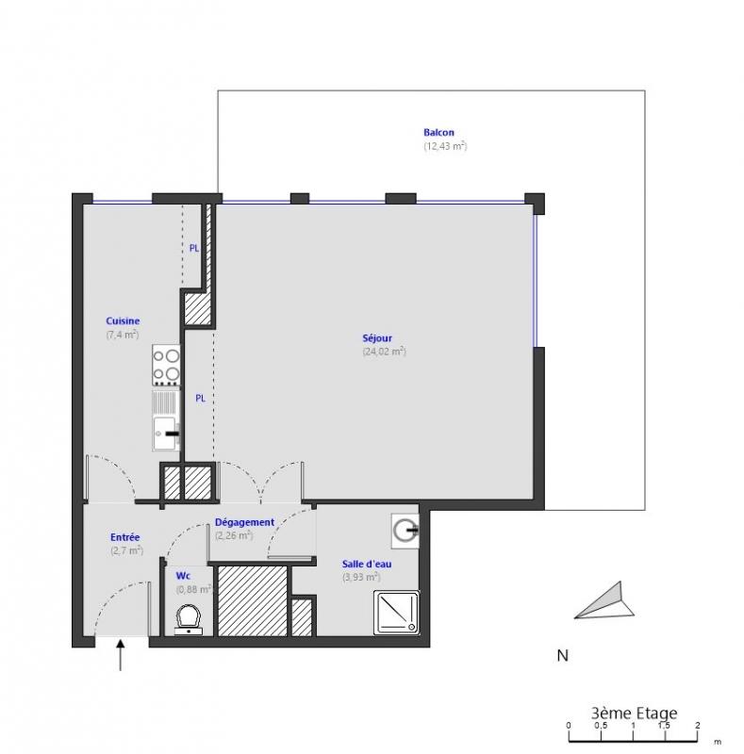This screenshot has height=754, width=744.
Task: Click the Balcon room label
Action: [438, 132]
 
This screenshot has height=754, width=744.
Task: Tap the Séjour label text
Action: [377, 338]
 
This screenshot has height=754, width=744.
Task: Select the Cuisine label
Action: [123, 320]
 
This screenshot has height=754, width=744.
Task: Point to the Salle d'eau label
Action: [367, 564]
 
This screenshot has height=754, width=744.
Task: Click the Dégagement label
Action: [244, 522]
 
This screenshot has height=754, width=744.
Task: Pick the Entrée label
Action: [125, 537]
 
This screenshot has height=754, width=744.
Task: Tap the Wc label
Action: [183, 576]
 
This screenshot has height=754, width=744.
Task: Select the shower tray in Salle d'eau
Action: [397, 612]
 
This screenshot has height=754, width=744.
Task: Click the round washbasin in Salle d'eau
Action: [405, 531]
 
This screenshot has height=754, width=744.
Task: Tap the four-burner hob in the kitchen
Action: [166, 365]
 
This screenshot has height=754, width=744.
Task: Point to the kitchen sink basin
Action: [165, 434]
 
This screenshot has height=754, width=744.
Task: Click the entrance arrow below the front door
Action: [120, 654]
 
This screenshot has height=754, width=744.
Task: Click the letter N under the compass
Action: [562, 655]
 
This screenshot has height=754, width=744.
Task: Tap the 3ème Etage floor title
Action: [634, 713]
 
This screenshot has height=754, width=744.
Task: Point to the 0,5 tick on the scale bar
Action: [601, 726]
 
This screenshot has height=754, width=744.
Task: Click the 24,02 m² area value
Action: [384, 352]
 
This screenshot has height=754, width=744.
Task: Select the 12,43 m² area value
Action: [445, 146]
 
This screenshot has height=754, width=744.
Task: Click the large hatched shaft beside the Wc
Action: [253, 601]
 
